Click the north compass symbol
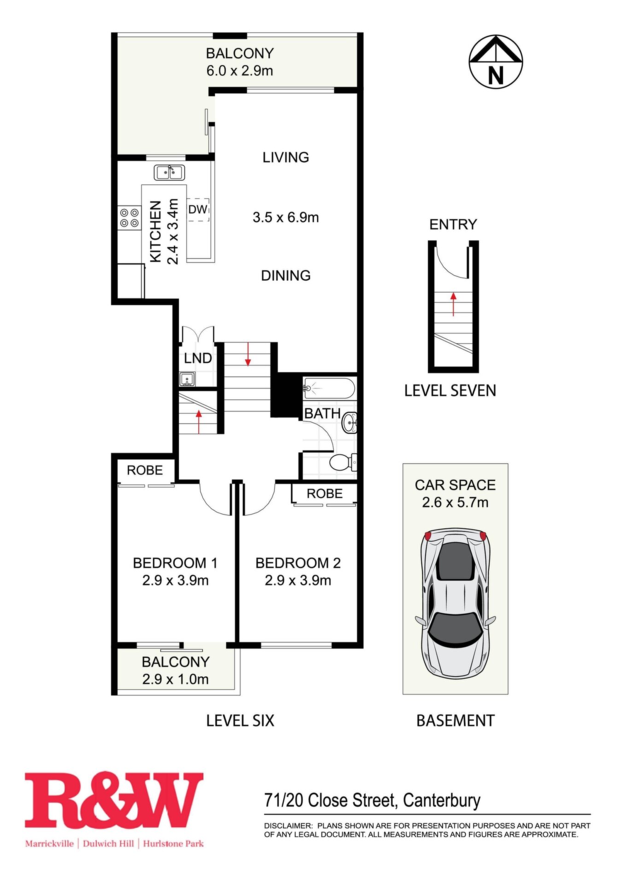[x=496, y=61]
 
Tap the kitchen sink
[x=169, y=172]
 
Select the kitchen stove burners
[x=129, y=218]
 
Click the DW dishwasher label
[x=198, y=209]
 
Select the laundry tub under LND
[x=187, y=379]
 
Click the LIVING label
[x=286, y=157]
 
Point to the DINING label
[x=286, y=276]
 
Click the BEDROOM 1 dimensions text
[x=175, y=580]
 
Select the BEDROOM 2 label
[x=298, y=563]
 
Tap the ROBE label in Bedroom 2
[x=325, y=494]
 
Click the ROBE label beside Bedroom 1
[x=145, y=470]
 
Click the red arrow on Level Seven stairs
[x=454, y=304]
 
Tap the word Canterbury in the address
[x=442, y=801]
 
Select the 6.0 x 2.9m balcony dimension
[x=239, y=71]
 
